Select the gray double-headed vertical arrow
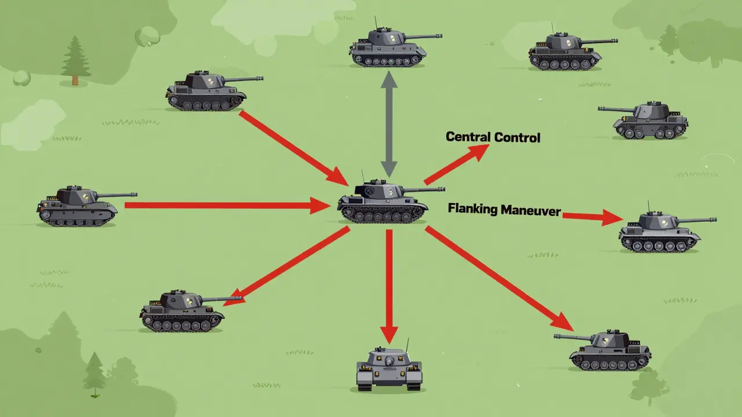(x=389, y=124)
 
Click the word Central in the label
(x=467, y=137)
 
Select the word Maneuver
(x=531, y=210)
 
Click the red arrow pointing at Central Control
(x=456, y=164)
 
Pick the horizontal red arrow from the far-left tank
(x=228, y=206)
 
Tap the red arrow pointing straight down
(x=389, y=287)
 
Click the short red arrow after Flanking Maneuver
(x=592, y=217)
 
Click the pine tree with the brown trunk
(x=75, y=61)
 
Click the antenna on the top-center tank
(x=376, y=23)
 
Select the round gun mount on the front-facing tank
(x=389, y=361)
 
